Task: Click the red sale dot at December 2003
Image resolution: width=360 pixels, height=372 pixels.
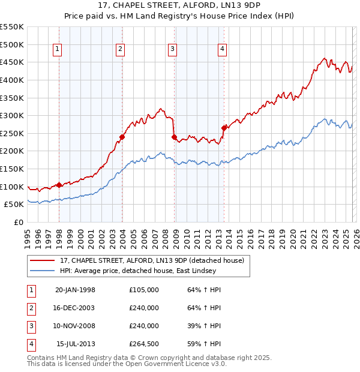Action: pos(122,137)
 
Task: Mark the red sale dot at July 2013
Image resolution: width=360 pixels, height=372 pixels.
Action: pos(223,128)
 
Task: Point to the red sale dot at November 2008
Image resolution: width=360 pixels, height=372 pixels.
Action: pos(174,137)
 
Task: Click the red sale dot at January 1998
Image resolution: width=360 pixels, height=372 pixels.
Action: pos(59,185)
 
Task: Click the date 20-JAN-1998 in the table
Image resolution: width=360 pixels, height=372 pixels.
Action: pos(75,290)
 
